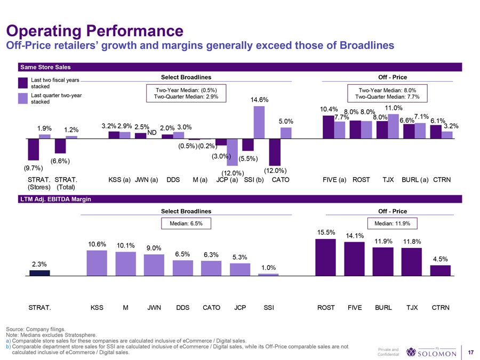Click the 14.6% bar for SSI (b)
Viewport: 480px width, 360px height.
(259, 122)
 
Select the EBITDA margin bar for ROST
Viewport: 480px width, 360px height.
(326, 257)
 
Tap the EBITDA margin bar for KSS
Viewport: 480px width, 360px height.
(97, 263)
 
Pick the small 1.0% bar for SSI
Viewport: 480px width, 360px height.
(268, 275)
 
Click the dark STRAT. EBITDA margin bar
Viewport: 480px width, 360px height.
(39, 273)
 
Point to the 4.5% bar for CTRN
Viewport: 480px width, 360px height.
(440, 270)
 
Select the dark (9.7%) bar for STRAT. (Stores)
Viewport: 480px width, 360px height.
(34, 149)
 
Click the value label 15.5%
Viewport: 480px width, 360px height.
(325, 232)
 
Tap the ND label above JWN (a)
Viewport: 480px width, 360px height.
(151, 132)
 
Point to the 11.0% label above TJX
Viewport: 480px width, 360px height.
(393, 108)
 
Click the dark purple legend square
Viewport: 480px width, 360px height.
(22, 83)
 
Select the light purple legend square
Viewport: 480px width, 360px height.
(22, 98)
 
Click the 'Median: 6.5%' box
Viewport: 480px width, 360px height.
(186, 223)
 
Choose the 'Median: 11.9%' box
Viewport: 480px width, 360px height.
(393, 223)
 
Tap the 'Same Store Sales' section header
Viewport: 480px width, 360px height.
(45, 67)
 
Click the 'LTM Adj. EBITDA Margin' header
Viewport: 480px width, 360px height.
(55, 199)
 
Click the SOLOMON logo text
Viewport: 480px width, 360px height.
(437, 353)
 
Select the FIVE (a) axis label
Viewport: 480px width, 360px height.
(335, 180)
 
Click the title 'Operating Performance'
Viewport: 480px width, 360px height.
(94, 29)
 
